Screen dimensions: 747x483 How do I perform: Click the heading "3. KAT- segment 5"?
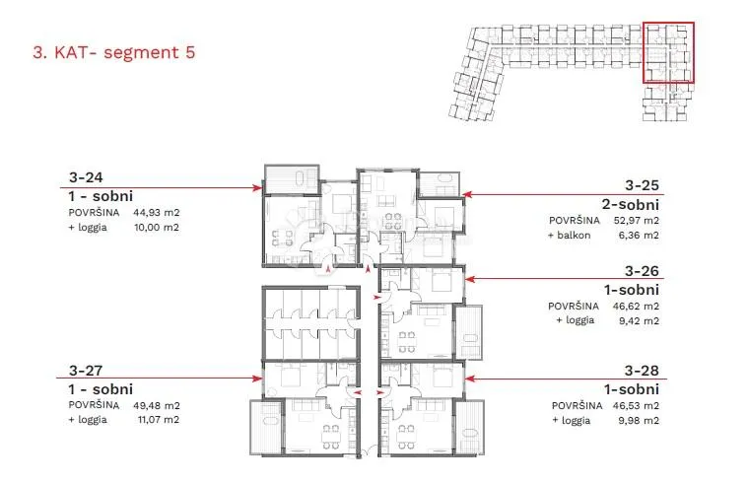tap(114, 52)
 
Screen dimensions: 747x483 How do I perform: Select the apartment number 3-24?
tap(86, 177)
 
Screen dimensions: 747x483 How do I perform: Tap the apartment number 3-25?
tap(642, 185)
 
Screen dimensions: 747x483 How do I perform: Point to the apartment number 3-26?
tap(642, 271)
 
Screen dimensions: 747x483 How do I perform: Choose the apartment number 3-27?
tap(86, 370)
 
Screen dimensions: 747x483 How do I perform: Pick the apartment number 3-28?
tap(642, 370)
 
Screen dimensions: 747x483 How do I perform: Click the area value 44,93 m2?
tap(157, 213)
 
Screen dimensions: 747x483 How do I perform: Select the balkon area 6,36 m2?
tap(639, 235)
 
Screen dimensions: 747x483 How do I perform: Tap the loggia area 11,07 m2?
tap(157, 420)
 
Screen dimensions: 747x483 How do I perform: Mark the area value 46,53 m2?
tap(637, 406)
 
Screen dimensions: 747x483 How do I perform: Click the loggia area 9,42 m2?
tap(639, 320)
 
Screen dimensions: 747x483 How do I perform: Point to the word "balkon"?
tap(574, 235)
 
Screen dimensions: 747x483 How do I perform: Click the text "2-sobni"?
tap(631, 205)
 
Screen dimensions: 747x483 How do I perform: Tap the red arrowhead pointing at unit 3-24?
tap(258, 187)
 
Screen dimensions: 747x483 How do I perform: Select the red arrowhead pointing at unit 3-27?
tap(258, 379)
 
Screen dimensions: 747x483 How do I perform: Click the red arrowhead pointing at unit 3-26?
tap(469, 279)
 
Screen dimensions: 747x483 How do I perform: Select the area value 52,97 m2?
tap(637, 221)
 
